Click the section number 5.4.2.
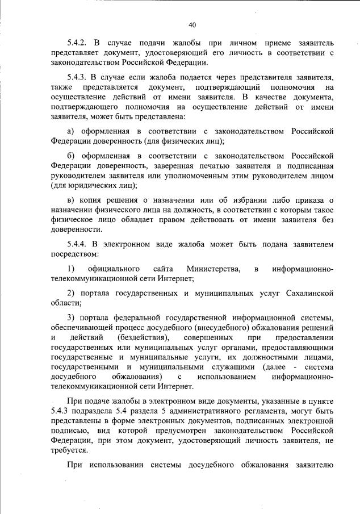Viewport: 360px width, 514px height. (x=77, y=43)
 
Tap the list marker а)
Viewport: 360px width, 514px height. (x=72, y=132)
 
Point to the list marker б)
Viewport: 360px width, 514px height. (x=72, y=155)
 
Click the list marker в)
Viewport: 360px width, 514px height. (x=72, y=199)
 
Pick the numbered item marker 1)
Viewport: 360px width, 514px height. (x=71, y=268)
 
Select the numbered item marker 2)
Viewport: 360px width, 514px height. (x=71, y=292)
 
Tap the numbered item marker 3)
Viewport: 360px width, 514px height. (x=71, y=317)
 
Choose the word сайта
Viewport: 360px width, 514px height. (x=163, y=268)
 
